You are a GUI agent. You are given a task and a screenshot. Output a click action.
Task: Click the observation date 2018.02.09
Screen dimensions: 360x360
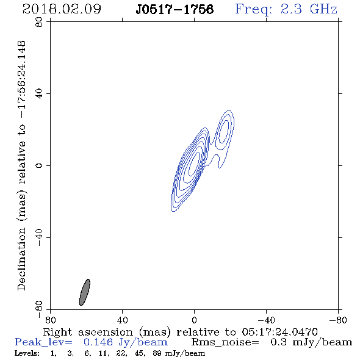[x=62, y=9]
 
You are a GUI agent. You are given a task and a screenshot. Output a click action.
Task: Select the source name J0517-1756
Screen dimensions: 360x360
[x=175, y=9]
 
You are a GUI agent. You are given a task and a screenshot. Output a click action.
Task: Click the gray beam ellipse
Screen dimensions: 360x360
[x=85, y=292]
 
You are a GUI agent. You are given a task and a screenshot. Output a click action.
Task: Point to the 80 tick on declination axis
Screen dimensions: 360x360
[x=40, y=23]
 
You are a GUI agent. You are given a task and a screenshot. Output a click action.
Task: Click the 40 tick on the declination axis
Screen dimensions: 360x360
[x=40, y=94]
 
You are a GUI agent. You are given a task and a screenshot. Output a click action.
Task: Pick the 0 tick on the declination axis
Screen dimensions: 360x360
[x=40, y=165]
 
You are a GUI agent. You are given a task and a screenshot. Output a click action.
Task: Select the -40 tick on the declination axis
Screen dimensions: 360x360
[x=40, y=237]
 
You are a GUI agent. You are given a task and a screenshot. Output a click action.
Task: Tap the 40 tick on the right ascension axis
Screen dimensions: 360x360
[x=122, y=320]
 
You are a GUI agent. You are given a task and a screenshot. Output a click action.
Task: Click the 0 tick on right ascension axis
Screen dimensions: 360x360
[x=194, y=320]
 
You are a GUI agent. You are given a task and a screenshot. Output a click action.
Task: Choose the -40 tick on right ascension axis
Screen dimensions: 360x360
[x=266, y=320]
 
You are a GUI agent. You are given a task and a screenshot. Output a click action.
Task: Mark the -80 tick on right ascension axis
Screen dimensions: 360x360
[x=338, y=320]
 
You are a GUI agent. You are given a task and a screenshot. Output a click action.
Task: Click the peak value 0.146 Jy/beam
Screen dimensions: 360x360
[x=126, y=342]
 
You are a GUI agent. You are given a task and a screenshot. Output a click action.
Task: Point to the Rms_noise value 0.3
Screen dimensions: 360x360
[x=278, y=342]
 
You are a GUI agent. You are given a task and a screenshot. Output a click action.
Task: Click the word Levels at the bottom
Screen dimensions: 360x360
[x=27, y=353]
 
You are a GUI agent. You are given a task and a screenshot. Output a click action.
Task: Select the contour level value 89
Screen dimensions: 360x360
[x=157, y=353]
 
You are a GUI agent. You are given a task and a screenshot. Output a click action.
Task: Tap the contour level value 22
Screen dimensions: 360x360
[x=121, y=353]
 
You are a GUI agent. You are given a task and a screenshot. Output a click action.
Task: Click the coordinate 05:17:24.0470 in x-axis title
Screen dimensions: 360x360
[x=279, y=332]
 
